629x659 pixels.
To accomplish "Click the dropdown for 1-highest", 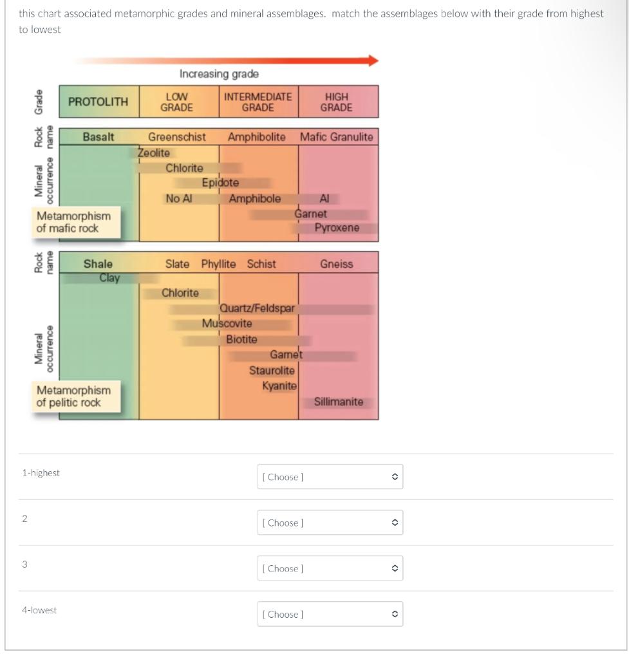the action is click(330, 477).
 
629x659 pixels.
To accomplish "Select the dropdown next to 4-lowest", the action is click(330, 614).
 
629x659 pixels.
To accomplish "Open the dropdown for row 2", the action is click(330, 523).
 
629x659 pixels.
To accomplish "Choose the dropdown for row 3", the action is click(330, 568).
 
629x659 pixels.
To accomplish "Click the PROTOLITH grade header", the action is click(99, 102).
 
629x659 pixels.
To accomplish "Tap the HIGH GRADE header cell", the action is click(338, 102).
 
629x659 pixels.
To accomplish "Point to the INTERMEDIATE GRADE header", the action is click(258, 102).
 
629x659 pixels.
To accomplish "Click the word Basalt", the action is click(98, 137).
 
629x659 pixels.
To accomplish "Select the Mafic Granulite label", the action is click(337, 137).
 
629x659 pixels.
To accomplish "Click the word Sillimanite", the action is click(338, 402).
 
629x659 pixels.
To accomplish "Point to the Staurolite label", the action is click(272, 371).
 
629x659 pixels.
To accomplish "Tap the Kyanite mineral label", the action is click(279, 385).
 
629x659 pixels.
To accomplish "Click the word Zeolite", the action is click(154, 153).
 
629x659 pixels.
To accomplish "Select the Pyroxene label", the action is click(337, 228).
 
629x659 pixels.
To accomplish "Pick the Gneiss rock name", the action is click(337, 265).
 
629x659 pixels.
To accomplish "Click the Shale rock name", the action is click(98, 264).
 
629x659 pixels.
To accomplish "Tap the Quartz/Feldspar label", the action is click(258, 308).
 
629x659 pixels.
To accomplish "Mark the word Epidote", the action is click(220, 183).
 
